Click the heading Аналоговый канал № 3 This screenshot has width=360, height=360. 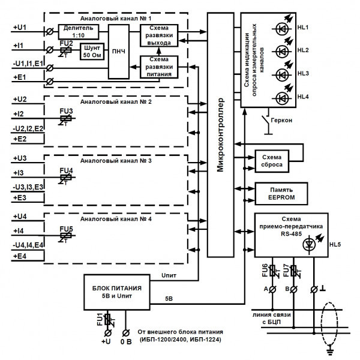pos(117,161)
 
